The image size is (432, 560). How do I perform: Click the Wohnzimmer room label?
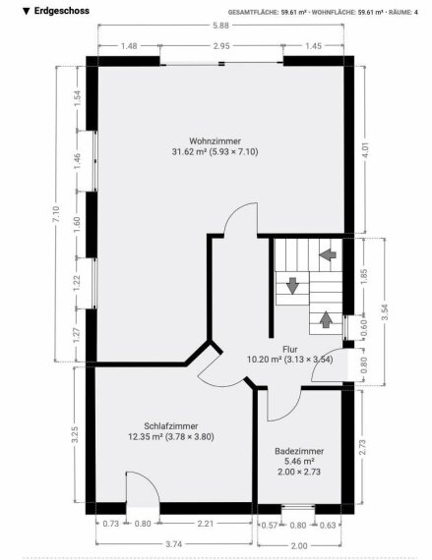pyautogui.click(x=215, y=140)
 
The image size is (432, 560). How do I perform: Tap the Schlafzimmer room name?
pyautogui.click(x=171, y=426)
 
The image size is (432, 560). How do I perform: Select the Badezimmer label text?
pyautogui.click(x=299, y=451)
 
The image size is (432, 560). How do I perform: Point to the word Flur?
pyautogui.click(x=290, y=350)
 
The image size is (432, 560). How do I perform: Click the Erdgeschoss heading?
pyautogui.click(x=62, y=11)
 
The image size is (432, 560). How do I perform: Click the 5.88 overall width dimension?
pyautogui.click(x=220, y=26)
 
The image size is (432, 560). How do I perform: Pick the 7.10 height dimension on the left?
pyautogui.click(x=56, y=214)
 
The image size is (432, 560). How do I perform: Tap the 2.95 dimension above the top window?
pyautogui.click(x=221, y=46)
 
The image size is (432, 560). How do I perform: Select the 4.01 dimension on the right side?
pyautogui.click(x=365, y=150)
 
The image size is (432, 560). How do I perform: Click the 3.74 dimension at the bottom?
pyautogui.click(x=174, y=544)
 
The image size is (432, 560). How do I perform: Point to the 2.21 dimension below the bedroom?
pyautogui.click(x=206, y=524)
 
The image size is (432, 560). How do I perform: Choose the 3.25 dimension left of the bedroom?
pyautogui.click(x=75, y=434)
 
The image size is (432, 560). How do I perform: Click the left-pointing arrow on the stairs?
pyautogui.click(x=328, y=255)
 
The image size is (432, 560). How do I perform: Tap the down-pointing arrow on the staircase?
pyautogui.click(x=292, y=286)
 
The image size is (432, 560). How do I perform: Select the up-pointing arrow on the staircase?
pyautogui.click(x=326, y=319)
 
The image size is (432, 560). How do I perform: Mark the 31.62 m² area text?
pyautogui.click(x=190, y=151)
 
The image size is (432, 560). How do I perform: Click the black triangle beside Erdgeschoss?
pyautogui.click(x=26, y=11)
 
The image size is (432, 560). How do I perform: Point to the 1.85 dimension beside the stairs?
pyautogui.click(x=364, y=277)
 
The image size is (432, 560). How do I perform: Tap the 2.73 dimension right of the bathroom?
pyautogui.click(x=362, y=447)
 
